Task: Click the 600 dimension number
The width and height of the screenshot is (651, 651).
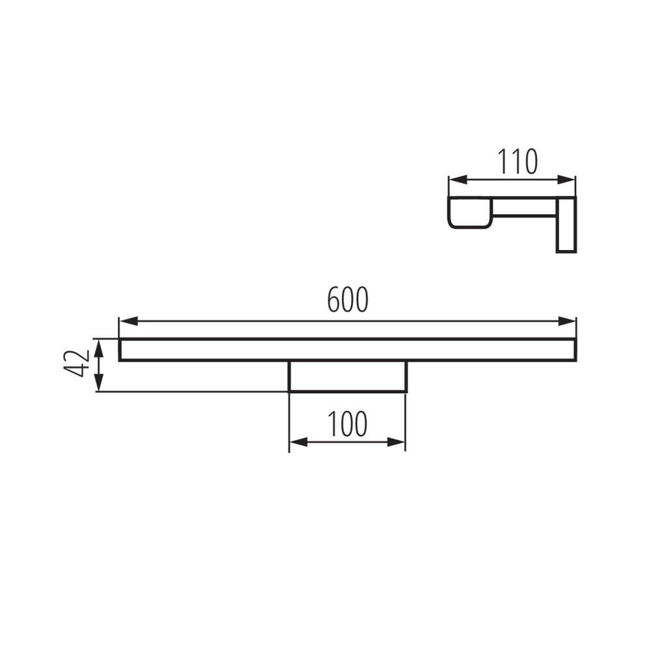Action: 348,299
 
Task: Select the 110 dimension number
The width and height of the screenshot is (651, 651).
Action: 518,162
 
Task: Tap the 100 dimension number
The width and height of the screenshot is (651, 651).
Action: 347,424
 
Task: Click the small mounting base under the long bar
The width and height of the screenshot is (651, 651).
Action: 347,376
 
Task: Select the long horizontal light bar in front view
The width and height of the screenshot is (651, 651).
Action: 347,350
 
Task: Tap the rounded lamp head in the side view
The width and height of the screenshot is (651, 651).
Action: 469,213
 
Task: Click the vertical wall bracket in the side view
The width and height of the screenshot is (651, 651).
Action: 566,225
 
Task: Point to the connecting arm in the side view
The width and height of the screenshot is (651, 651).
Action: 523,208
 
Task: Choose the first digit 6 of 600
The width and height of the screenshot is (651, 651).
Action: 334,299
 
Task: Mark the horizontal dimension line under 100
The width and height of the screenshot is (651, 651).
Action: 347,442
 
